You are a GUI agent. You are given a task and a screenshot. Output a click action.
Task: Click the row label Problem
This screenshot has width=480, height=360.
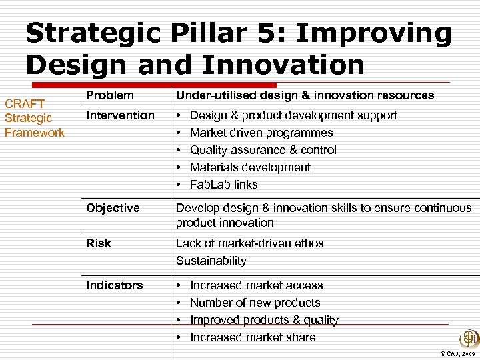tap(109, 95)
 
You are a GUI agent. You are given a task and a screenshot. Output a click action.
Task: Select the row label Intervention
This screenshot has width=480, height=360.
tap(120, 115)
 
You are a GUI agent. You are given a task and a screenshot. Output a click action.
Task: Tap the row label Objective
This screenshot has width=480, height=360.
tap(113, 208)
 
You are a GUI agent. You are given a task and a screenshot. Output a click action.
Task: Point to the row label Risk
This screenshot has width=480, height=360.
tap(99, 243)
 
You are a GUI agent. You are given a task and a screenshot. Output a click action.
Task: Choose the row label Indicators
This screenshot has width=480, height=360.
tap(114, 285)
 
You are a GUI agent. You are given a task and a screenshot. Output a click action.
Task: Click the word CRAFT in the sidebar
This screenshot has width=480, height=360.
tap(25, 103)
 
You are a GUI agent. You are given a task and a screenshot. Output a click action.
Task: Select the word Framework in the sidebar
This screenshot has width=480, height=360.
tap(35, 133)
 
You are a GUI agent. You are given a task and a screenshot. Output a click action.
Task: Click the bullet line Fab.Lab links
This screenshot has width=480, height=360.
tap(223, 185)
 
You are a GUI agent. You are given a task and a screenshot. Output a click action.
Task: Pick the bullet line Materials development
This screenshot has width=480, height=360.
tap(250, 167)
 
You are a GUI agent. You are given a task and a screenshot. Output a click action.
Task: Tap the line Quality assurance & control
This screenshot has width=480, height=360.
tap(263, 150)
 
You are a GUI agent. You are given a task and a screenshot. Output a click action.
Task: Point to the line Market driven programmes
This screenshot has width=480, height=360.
tap(261, 133)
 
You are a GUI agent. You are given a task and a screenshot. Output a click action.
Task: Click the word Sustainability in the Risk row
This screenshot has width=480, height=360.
tap(211, 261)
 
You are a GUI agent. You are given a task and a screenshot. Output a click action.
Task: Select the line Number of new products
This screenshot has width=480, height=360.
tap(255, 303)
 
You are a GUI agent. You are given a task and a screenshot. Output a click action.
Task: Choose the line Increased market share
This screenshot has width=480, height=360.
tap(253, 337)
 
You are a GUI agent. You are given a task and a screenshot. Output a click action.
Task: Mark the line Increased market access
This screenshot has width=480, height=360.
tap(256, 285)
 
